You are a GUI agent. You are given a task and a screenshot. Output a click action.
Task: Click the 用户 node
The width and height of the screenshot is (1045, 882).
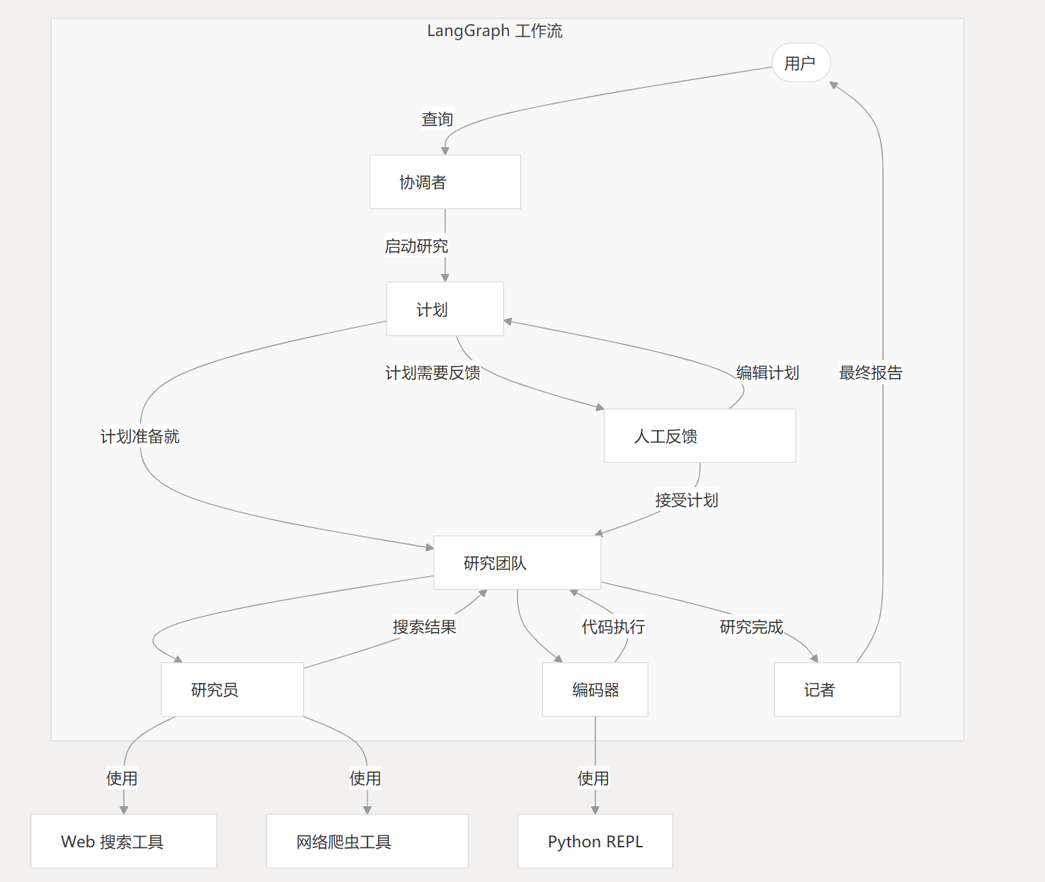tap(801, 63)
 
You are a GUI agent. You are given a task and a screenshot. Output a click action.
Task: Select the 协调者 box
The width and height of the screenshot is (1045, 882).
tap(445, 182)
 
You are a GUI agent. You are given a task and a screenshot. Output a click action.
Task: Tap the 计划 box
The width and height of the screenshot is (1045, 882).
tap(445, 309)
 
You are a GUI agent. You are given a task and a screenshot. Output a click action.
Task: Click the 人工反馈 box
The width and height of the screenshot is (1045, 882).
tap(699, 436)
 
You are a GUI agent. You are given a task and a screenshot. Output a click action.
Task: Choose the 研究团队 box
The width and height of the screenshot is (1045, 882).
tap(517, 563)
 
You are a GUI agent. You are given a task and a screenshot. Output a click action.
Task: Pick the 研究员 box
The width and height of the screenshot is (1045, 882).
tap(232, 689)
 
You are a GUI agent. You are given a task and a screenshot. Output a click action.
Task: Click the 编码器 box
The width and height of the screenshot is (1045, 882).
tap(595, 689)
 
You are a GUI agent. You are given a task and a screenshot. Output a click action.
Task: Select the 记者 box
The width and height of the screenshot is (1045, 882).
tap(837, 689)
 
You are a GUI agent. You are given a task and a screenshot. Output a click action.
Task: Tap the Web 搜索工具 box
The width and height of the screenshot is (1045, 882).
tap(124, 841)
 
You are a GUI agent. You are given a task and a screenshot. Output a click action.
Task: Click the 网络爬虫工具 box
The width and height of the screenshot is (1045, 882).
tap(367, 841)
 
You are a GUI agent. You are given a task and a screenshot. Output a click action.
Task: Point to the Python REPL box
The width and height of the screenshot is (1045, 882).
tap(595, 841)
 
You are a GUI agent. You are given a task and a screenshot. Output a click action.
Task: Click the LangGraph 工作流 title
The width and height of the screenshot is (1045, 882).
tap(494, 31)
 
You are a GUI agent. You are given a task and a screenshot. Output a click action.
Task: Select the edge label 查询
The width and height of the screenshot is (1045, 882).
tap(437, 119)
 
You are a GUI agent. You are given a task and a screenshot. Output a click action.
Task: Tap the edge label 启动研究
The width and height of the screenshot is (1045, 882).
tap(416, 246)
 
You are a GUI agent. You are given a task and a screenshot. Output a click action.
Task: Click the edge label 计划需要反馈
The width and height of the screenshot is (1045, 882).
tap(433, 373)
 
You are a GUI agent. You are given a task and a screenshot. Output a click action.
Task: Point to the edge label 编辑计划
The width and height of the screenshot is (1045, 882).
tap(767, 373)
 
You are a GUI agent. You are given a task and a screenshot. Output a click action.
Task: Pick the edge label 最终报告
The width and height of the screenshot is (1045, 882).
tap(871, 373)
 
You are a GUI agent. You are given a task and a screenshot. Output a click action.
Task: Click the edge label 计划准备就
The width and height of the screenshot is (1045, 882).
tap(139, 437)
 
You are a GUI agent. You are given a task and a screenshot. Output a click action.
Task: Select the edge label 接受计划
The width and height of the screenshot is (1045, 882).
tap(687, 500)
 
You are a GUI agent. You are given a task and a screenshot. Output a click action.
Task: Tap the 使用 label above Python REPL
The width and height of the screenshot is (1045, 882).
tap(593, 779)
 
